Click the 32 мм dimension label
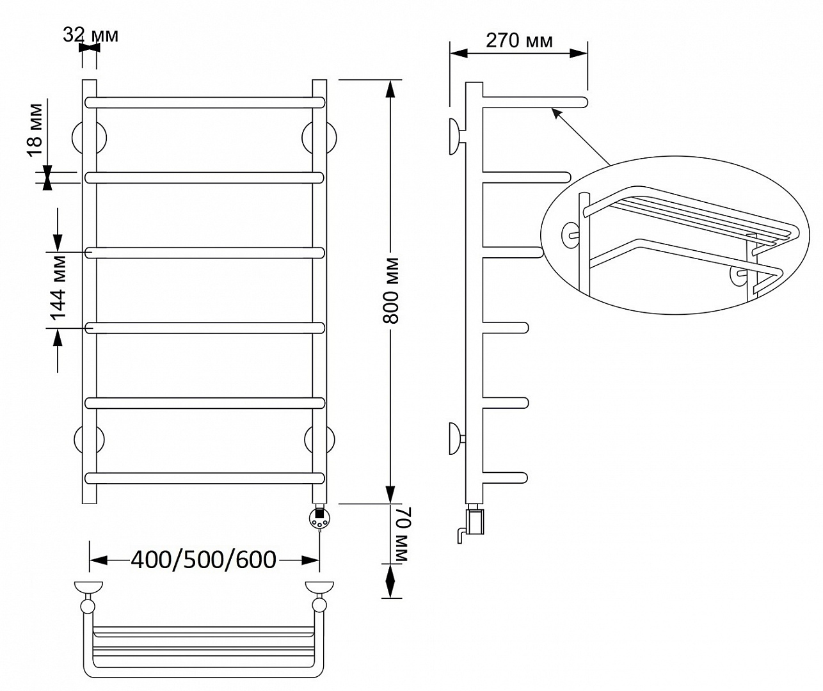90,35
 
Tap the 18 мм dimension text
35,130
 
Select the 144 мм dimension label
58,288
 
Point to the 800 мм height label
391,290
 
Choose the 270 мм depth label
519,40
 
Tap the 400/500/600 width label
204,560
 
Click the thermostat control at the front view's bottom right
319,519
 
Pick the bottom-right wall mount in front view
319,440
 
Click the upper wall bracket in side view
456,137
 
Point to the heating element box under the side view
475,521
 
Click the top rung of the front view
205,102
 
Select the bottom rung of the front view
205,478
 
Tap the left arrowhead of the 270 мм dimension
458,54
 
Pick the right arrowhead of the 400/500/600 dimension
310,560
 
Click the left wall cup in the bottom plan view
88,588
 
